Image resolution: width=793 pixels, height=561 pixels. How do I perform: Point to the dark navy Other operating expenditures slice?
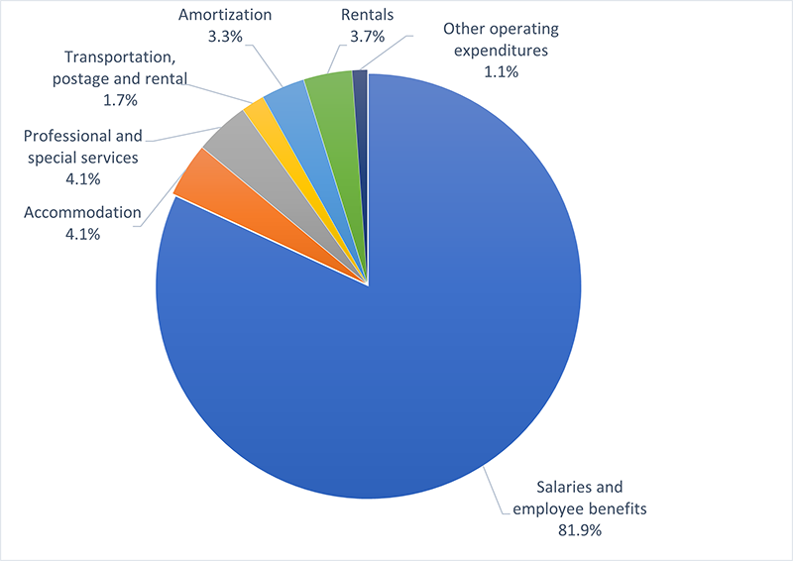point(360,78)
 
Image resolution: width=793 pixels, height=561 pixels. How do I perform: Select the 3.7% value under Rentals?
point(354,36)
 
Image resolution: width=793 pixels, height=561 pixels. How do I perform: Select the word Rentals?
point(354,15)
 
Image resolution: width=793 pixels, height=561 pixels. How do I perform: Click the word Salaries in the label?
point(562,488)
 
